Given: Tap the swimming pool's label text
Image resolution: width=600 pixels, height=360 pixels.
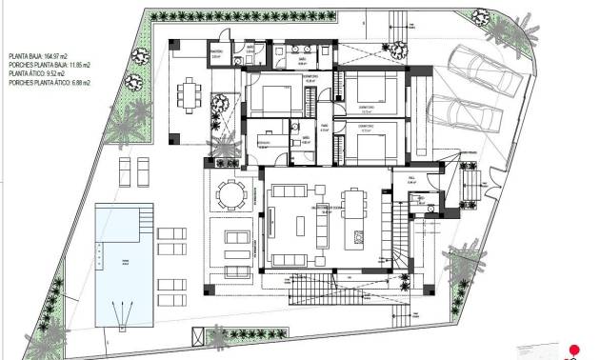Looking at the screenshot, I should point(121,258).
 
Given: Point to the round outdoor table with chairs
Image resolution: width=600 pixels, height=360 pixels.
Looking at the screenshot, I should point(230,191).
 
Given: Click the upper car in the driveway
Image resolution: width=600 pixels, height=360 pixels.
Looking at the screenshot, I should point(488,74).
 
